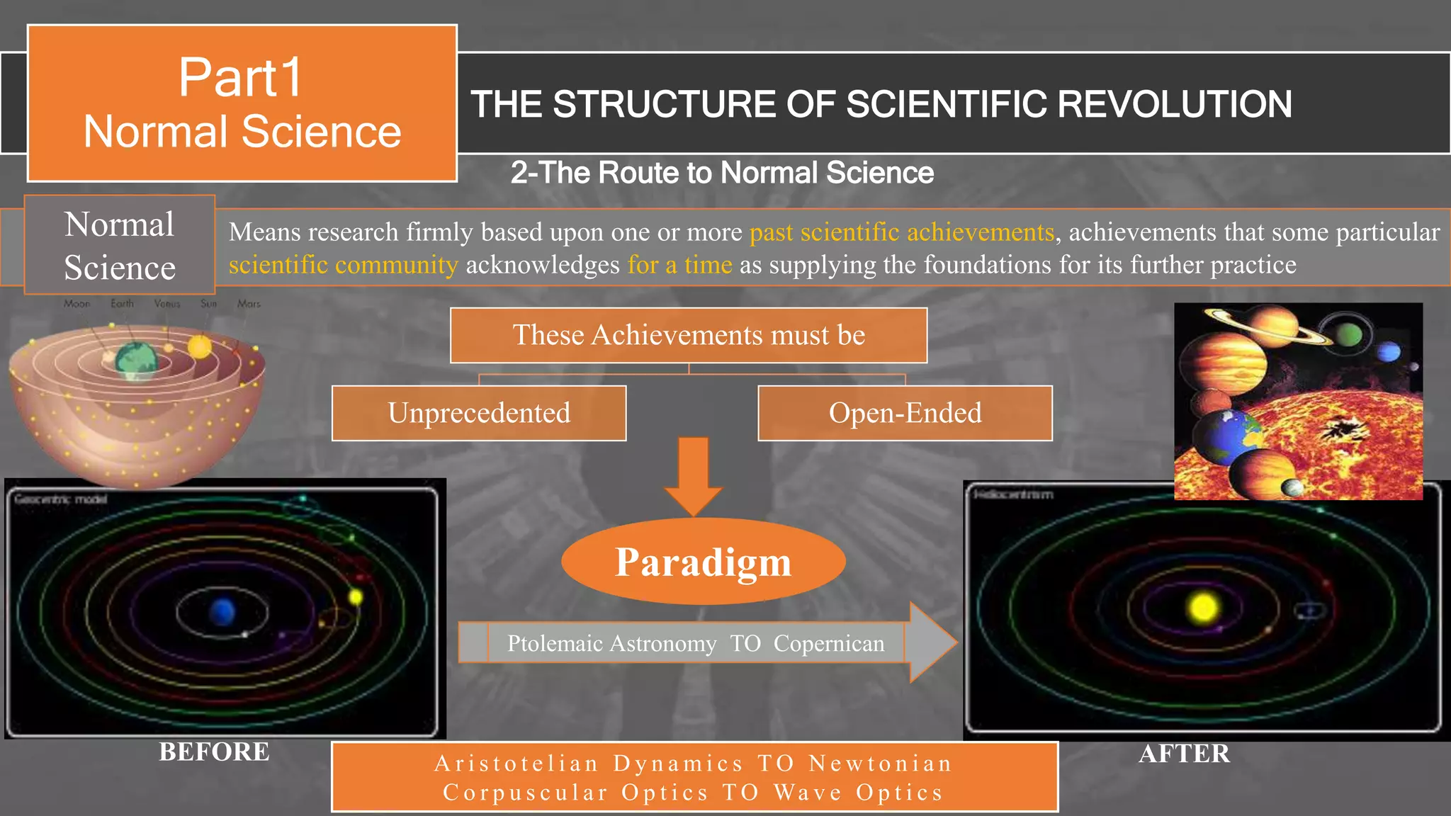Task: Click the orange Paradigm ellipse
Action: pyautogui.click(x=703, y=562)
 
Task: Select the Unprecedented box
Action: pyautogui.click(x=479, y=413)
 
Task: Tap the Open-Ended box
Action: pyautogui.click(x=905, y=413)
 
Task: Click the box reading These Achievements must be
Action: pyautogui.click(x=689, y=335)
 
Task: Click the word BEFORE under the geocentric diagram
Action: pyautogui.click(x=214, y=752)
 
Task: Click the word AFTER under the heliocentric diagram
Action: pyautogui.click(x=1184, y=754)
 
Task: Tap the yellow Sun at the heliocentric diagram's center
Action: pyautogui.click(x=1203, y=607)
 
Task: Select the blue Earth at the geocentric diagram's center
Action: pyautogui.click(x=222, y=611)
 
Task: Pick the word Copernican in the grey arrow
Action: pyautogui.click(x=829, y=643)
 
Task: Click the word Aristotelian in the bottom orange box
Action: pyautogui.click(x=516, y=764)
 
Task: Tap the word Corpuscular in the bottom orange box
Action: pyautogui.click(x=525, y=793)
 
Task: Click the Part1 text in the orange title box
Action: pyautogui.click(x=241, y=77)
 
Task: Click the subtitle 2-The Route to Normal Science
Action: pyautogui.click(x=722, y=173)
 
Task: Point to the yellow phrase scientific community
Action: pyautogui.click(x=343, y=265)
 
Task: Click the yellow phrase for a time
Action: pyautogui.click(x=679, y=265)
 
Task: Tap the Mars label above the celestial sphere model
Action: pyautogui.click(x=249, y=304)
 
